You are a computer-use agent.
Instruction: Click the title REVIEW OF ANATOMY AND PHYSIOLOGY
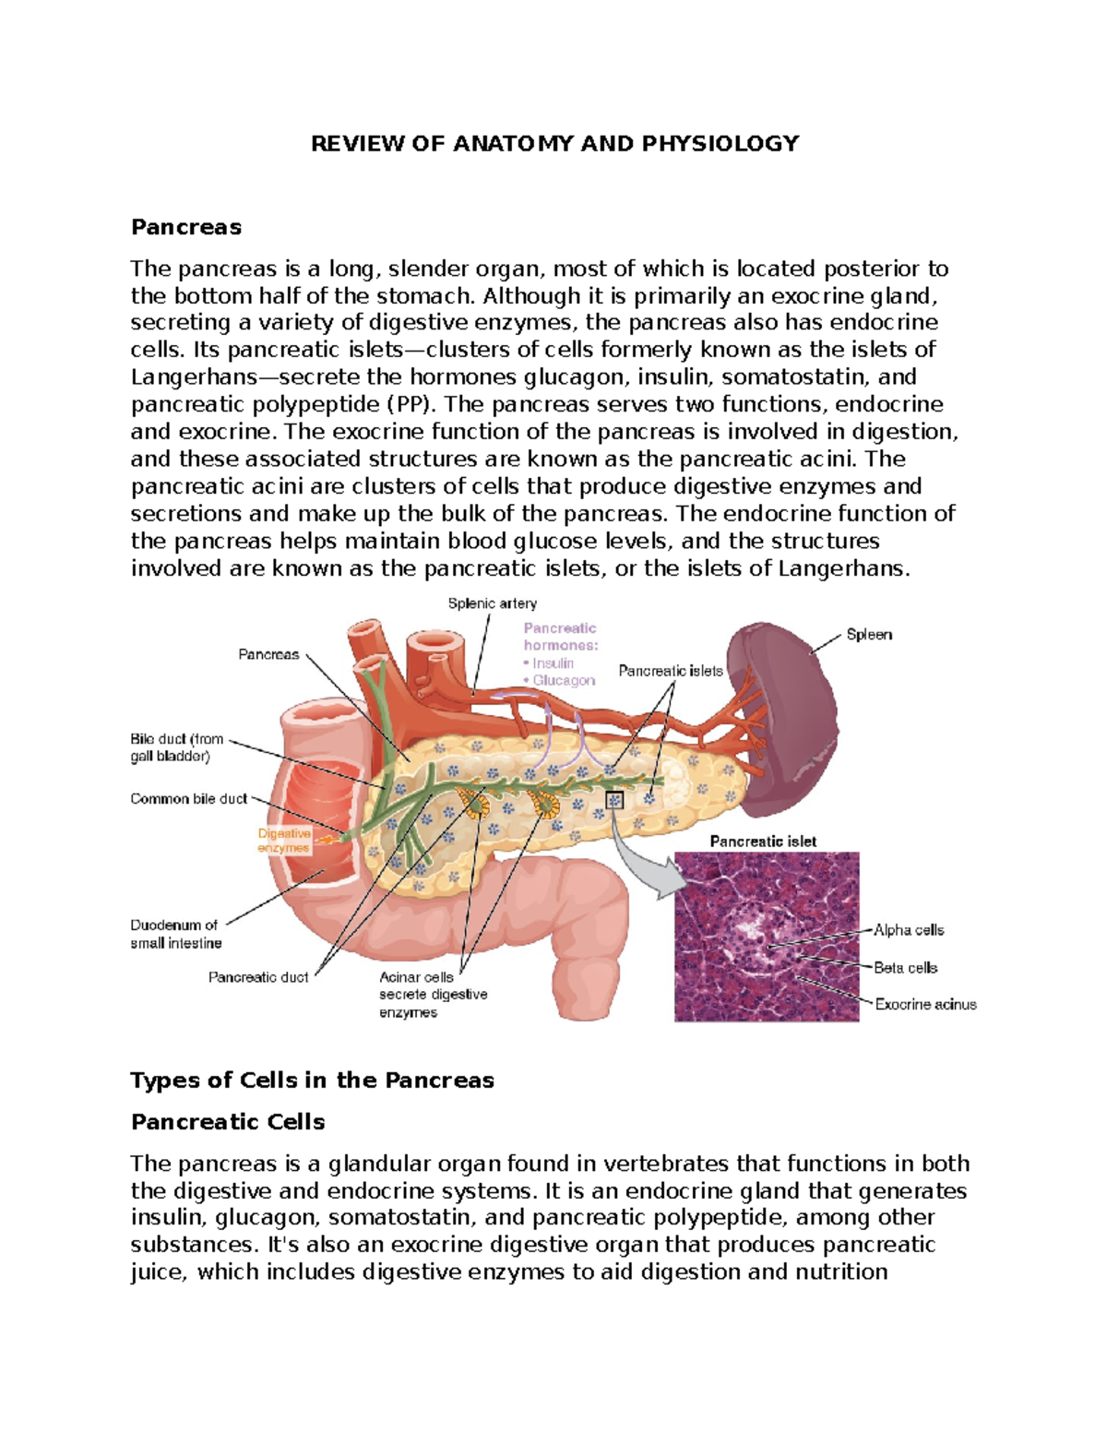[554, 144]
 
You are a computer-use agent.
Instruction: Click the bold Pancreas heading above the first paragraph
[186, 227]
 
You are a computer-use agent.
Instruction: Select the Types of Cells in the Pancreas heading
[312, 1081]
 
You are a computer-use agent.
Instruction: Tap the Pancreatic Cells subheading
[228, 1122]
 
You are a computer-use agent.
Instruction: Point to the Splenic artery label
[492, 603]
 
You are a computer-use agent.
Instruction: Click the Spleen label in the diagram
[869, 635]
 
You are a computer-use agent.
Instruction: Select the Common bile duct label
[188, 799]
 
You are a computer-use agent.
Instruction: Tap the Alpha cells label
[909, 930]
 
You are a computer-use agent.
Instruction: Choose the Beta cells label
[905, 968]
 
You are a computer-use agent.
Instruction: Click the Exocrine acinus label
[925, 1005]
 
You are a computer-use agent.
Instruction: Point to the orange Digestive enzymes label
[284, 841]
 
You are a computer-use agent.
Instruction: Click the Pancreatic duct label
[258, 977]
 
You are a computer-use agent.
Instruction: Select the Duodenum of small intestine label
[176, 934]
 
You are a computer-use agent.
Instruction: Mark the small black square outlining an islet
[614, 800]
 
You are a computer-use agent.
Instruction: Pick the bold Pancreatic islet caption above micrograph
[763, 842]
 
